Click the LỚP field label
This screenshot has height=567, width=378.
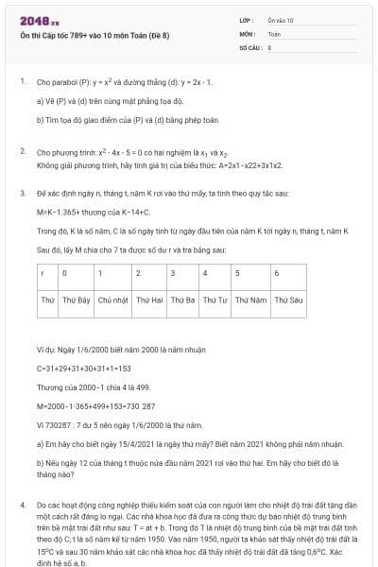(x=246, y=19)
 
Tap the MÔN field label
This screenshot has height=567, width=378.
(x=246, y=32)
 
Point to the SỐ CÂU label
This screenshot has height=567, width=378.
(x=249, y=45)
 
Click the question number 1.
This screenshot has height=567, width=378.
(x=22, y=81)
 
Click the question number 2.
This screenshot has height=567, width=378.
(x=22, y=151)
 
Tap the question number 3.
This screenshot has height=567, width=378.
(x=22, y=192)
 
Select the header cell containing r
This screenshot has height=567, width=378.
(x=43, y=273)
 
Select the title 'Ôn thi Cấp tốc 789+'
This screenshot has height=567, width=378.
(x=89, y=35)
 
